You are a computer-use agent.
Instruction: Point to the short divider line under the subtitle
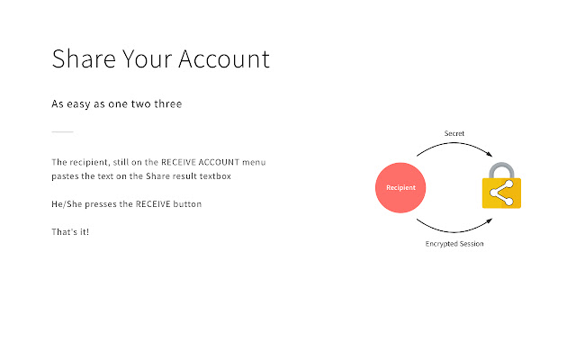[62, 133]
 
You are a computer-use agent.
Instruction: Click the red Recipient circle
[400, 187]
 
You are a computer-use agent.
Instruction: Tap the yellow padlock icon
[501, 191]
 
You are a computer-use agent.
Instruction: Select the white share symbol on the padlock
[501, 193]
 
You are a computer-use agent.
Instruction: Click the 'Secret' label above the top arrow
[454, 134]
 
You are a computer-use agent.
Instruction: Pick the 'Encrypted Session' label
[454, 244]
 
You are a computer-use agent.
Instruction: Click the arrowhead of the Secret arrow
[491, 158]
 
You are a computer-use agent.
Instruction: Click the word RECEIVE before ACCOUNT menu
[181, 162]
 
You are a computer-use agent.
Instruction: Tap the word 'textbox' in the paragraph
[217, 176]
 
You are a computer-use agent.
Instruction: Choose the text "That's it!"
[70, 232]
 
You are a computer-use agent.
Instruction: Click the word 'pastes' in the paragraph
[66, 176]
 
